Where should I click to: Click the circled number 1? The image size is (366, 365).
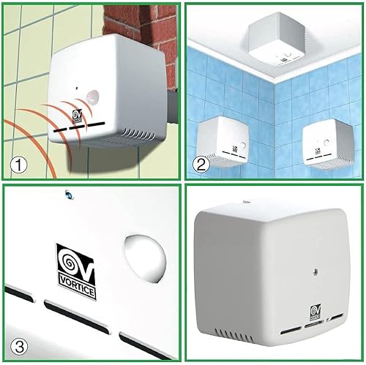point(18,166)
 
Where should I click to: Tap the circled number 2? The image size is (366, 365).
point(201,165)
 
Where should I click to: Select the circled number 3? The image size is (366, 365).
point(19,347)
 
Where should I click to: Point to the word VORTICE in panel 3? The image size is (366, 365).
point(78,288)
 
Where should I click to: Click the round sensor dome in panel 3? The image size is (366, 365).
point(145,259)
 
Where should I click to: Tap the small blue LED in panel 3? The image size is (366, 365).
point(69,195)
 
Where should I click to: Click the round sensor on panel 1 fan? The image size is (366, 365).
point(92,97)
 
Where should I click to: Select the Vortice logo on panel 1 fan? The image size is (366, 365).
point(78,116)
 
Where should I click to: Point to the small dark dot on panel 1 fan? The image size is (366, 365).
point(77,88)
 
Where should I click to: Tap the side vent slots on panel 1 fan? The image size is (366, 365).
point(139,134)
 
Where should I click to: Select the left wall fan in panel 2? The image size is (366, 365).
point(223,142)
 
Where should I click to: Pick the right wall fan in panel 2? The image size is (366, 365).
point(328,144)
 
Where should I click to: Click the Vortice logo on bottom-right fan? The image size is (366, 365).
point(315,313)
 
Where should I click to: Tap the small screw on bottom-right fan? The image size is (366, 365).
point(315,271)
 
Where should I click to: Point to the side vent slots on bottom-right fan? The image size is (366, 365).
point(234,335)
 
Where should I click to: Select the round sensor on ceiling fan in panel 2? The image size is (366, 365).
point(289,55)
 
